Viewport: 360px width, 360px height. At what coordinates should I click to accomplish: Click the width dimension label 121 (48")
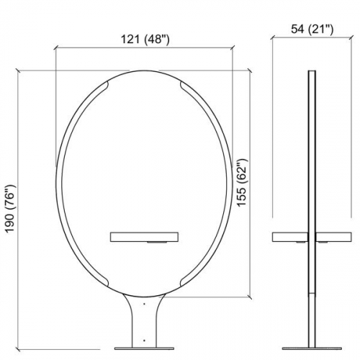pyautogui.click(x=145, y=40)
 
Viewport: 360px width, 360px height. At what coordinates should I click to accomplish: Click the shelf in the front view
pyautogui.click(x=145, y=236)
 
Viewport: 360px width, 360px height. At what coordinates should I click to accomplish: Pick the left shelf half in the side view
pyautogui.click(x=291, y=236)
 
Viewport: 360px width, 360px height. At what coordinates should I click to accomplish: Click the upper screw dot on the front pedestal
pyautogui.click(x=145, y=305)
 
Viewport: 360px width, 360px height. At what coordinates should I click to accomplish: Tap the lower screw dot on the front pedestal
pyautogui.click(x=145, y=338)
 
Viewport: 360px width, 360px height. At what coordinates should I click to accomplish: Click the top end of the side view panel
pyautogui.click(x=312, y=72)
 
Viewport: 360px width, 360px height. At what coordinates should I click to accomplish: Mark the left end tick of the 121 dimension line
pyautogui.click(x=55, y=48)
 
